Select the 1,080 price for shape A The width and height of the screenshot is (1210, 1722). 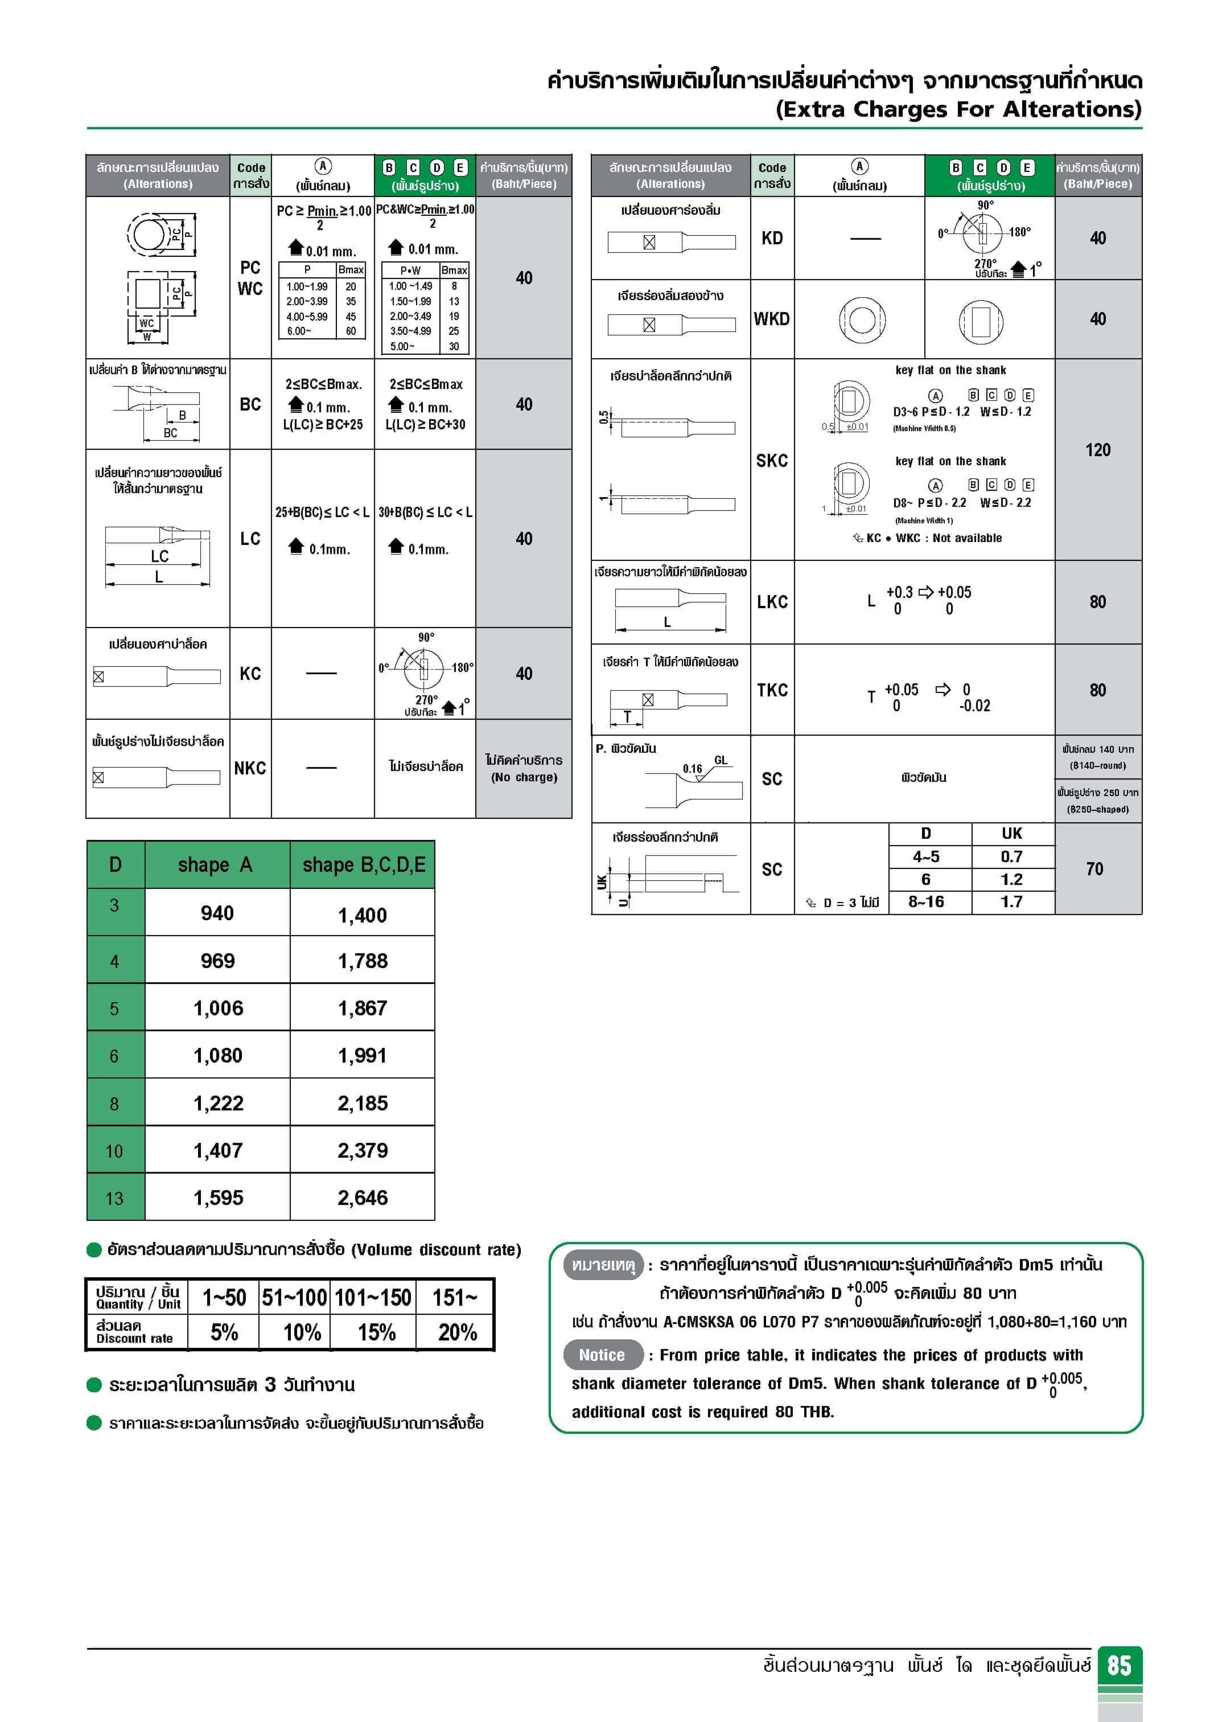pyautogui.click(x=217, y=1055)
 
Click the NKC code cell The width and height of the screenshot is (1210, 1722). pyautogui.click(x=250, y=768)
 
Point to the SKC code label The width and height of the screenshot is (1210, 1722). pyautogui.click(x=771, y=461)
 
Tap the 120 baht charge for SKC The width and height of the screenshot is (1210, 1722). pyautogui.click(x=1097, y=450)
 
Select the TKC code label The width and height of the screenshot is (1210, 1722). pyautogui.click(x=771, y=690)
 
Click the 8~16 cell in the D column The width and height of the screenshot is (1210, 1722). pyautogui.click(x=926, y=901)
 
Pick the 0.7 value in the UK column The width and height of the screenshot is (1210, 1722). pyautogui.click(x=1011, y=856)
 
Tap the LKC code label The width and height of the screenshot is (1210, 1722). pyautogui.click(x=771, y=601)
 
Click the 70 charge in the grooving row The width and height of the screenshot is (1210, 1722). pyautogui.click(x=1094, y=868)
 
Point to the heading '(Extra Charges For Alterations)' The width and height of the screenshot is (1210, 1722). pyautogui.click(x=958, y=109)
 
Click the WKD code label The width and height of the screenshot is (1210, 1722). pyautogui.click(x=771, y=319)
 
